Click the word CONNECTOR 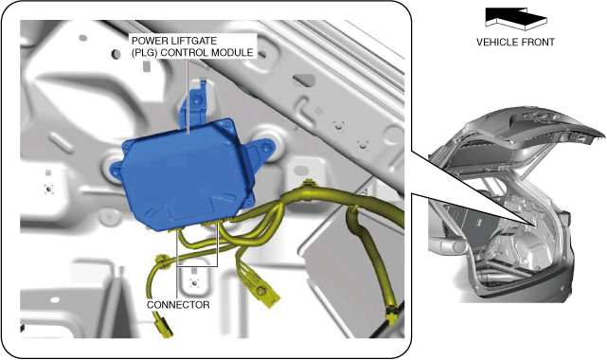178,305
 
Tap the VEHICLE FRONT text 515,43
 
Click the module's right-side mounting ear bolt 266,148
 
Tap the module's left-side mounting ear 116,171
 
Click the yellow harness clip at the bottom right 392,313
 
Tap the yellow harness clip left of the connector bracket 161,261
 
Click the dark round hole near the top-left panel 116,54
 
